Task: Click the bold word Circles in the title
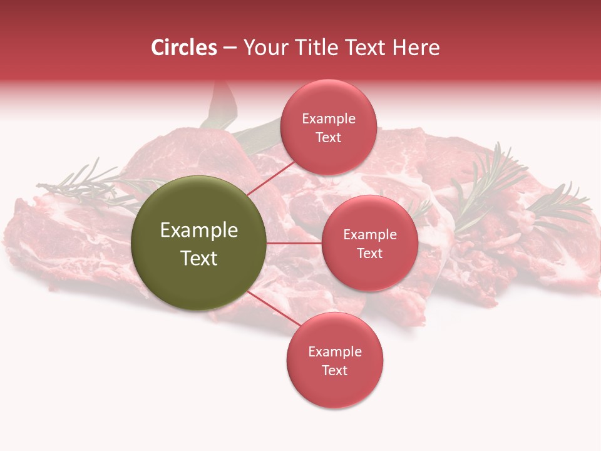click(x=183, y=48)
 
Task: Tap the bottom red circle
click(x=335, y=388)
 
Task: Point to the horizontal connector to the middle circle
click(x=294, y=243)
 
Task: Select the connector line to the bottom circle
click(x=273, y=308)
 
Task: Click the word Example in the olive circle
click(x=199, y=231)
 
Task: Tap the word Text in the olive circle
click(x=199, y=258)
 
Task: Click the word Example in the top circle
click(x=329, y=118)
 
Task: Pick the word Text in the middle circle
click(x=370, y=253)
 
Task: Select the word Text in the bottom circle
click(x=335, y=370)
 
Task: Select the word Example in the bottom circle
click(x=335, y=351)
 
